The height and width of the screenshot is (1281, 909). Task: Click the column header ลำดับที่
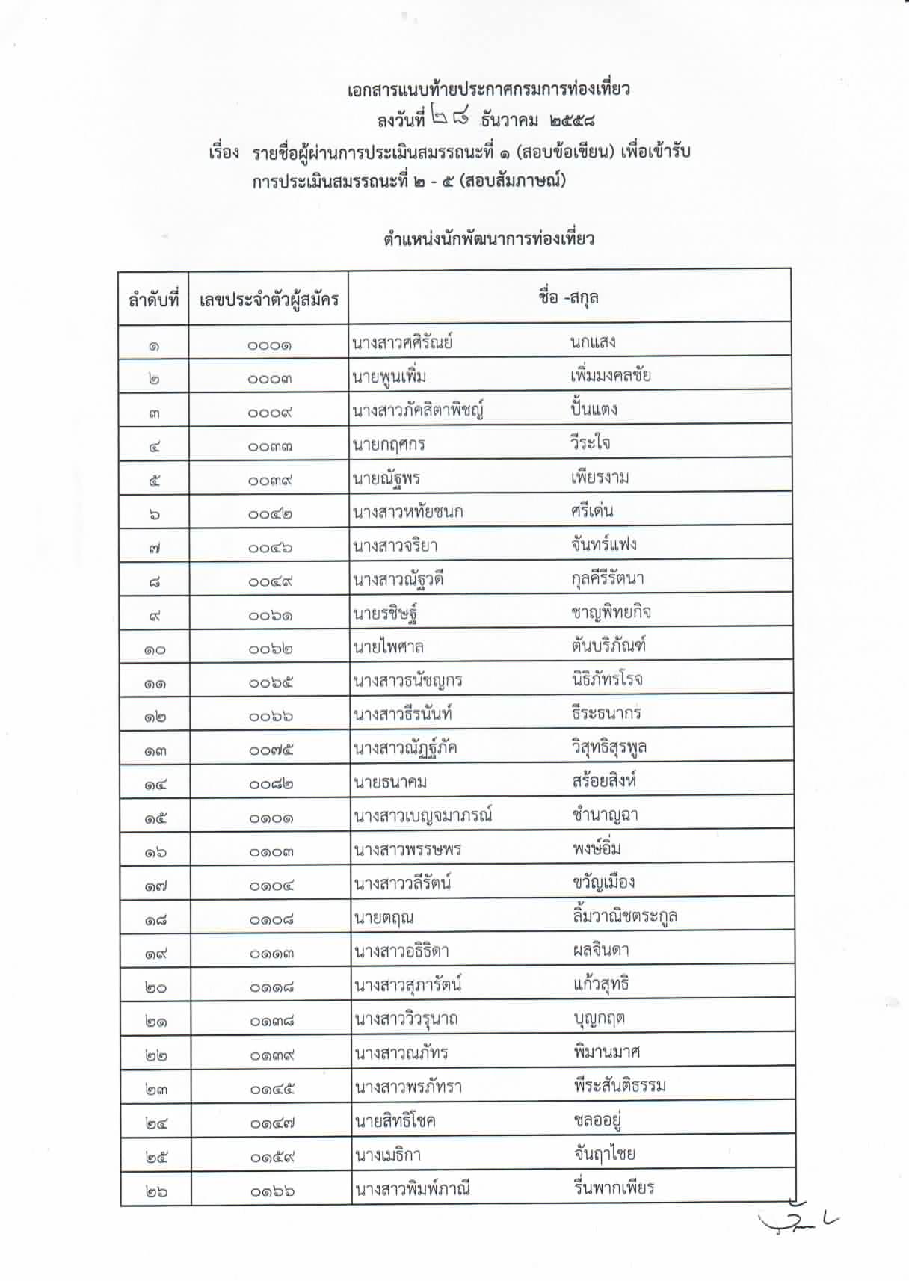coord(154,300)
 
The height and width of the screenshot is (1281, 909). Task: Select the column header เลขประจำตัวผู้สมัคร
coord(269,300)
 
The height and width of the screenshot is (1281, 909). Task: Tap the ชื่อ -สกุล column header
coord(568,297)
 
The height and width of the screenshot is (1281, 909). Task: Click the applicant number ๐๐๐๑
coord(270,345)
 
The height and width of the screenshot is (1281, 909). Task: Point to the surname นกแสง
coord(592,342)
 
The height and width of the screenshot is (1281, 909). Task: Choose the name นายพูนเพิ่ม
coord(389,377)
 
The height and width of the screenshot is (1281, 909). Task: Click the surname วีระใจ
coord(590,443)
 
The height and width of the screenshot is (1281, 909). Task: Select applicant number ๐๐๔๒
coord(270,514)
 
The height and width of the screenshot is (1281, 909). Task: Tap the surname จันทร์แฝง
coord(603,544)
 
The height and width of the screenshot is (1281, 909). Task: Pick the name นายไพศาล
coord(389,646)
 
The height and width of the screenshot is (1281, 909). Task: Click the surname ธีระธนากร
coord(606,713)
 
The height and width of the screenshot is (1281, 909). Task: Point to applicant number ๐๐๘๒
coord(271,784)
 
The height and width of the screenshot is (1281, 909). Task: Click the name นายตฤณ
coord(384,918)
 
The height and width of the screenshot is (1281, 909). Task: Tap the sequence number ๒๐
coord(155,987)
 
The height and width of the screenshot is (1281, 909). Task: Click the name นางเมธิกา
coord(388,1155)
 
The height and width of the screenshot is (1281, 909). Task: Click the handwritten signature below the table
coord(798,1222)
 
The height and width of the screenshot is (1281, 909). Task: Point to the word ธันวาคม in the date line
coord(510,120)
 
